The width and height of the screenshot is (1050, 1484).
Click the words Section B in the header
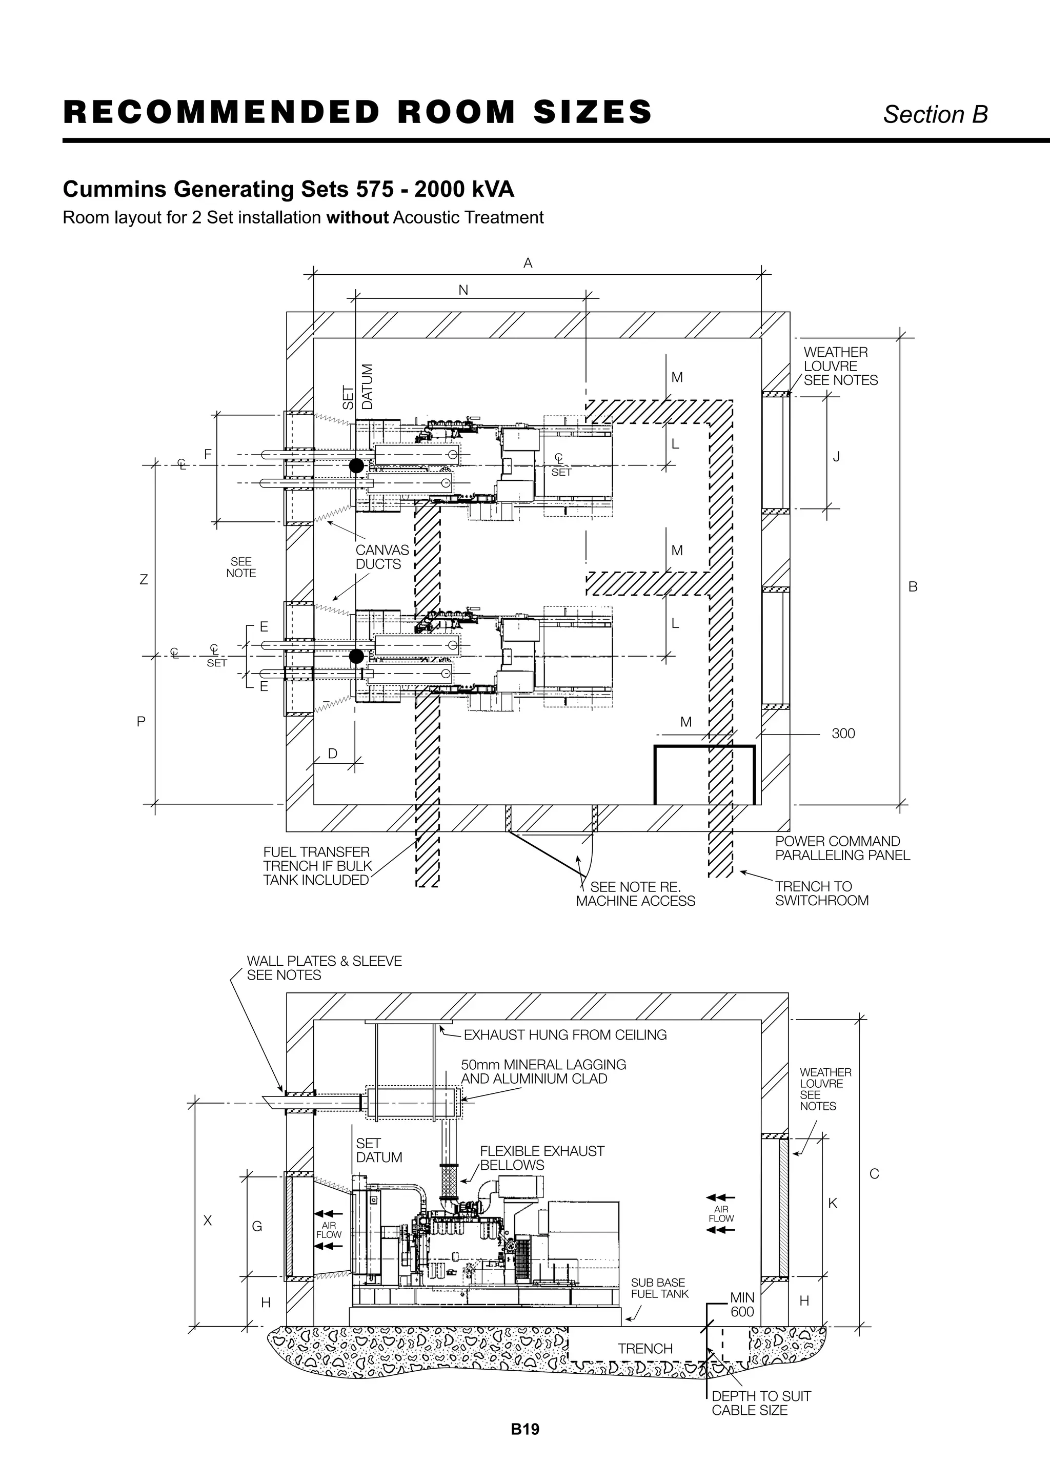(935, 114)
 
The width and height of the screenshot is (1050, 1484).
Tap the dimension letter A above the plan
(528, 263)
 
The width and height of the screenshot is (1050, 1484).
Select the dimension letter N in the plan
(463, 290)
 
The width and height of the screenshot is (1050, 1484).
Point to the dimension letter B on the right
(913, 587)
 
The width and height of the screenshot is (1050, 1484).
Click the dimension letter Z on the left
(144, 580)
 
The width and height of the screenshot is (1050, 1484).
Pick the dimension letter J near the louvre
(836, 457)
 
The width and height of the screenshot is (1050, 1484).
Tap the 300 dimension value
(843, 734)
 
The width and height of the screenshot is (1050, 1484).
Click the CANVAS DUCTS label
(382, 557)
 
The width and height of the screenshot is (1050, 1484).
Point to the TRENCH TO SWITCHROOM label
(821, 893)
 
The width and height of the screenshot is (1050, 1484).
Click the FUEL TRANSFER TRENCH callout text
(317, 866)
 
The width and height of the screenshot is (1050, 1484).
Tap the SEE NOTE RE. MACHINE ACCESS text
(636, 894)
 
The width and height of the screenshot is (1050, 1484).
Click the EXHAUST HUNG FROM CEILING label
(564, 1035)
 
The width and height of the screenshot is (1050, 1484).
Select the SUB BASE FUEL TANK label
(659, 1288)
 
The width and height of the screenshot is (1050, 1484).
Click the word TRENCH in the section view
(644, 1348)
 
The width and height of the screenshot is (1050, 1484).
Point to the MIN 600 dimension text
(742, 1304)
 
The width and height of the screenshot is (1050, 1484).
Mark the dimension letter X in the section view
(208, 1221)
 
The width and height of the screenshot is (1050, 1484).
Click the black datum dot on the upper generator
(356, 465)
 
